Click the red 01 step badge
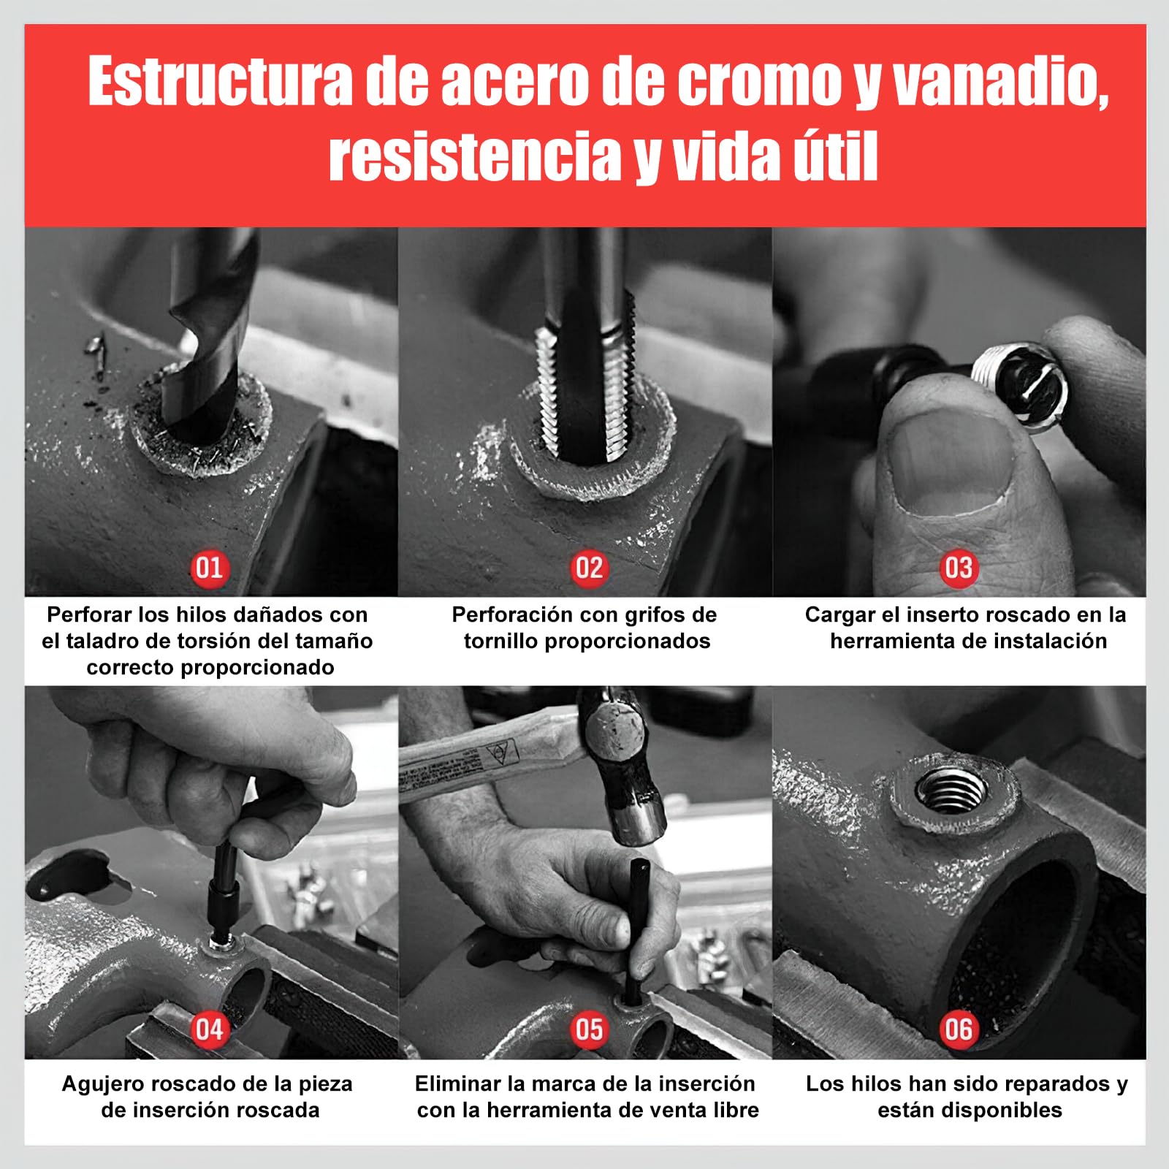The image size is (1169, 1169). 209,568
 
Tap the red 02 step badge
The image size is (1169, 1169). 589,568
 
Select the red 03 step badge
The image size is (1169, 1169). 959,568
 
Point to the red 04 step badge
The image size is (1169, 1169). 209,1029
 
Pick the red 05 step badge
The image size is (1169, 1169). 589,1029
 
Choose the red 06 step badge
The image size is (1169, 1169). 959,1029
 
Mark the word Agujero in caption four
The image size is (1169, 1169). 104,1084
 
